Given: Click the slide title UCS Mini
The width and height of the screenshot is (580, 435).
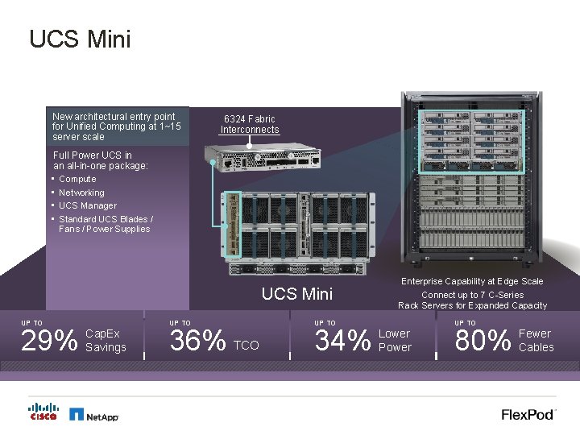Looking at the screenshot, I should click(x=79, y=39).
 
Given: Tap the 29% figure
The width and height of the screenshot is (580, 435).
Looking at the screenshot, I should click(x=48, y=342).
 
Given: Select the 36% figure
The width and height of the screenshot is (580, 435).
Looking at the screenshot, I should click(x=197, y=342).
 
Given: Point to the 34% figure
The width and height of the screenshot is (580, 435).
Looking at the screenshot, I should click(x=342, y=342).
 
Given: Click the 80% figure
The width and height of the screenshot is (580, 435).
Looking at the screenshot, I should click(x=483, y=342).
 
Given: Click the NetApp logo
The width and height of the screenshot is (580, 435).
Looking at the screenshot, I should click(x=94, y=415).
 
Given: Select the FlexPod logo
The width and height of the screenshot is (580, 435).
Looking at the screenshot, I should click(x=528, y=414).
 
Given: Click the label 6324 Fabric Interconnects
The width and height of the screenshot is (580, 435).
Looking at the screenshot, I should click(x=250, y=124).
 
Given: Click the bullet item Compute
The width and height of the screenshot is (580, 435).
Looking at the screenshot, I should click(x=77, y=179).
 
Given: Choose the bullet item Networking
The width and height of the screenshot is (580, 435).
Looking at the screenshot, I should click(x=81, y=193).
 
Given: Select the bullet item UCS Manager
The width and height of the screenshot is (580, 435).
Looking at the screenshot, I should click(x=88, y=205).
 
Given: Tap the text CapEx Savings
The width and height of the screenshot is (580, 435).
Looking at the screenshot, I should click(x=106, y=341).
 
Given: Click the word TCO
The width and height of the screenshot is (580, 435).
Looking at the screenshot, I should click(x=246, y=346).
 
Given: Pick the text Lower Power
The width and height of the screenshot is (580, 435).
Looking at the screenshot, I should click(x=395, y=341).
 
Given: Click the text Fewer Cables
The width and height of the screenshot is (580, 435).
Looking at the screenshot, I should click(x=536, y=341).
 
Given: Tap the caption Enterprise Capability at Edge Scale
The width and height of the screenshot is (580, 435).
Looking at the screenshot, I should click(x=472, y=281).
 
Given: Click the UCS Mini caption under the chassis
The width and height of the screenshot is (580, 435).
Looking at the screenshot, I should click(x=297, y=294).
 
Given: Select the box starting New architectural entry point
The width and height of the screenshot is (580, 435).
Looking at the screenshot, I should click(x=118, y=126).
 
